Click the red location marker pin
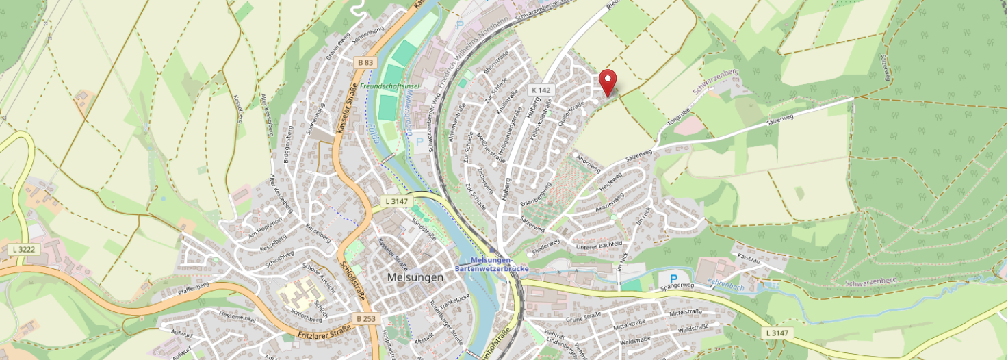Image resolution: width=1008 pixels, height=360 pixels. [x=608, y=82]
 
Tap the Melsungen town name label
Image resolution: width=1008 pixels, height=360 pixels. [x=415, y=277]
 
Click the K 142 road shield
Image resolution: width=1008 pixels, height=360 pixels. [x=541, y=90]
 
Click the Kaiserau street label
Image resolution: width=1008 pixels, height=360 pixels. [x=749, y=257]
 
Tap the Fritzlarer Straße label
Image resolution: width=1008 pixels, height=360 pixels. [x=324, y=334]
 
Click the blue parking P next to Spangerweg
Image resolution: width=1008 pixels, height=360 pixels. [x=673, y=279]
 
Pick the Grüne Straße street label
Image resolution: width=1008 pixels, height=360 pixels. [x=583, y=317]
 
